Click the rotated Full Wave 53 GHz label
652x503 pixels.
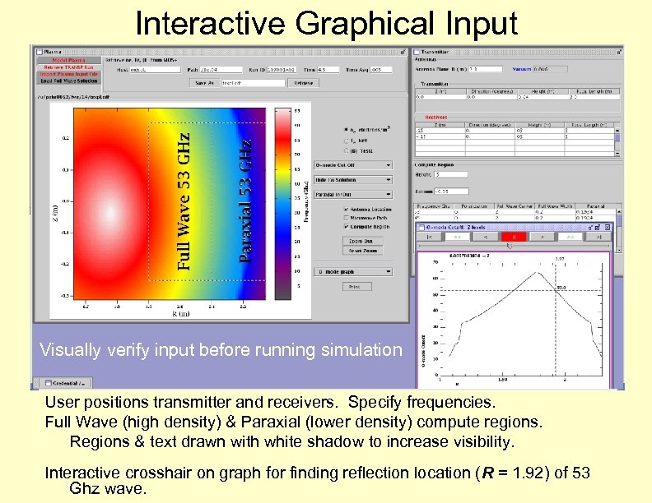(185, 201)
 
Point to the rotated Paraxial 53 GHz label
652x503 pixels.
(245, 201)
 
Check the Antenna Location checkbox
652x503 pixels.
(347, 209)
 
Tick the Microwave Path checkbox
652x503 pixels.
(347, 218)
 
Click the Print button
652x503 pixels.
(353, 288)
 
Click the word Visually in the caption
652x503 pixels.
(69, 350)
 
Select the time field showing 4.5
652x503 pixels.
(306, 69)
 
